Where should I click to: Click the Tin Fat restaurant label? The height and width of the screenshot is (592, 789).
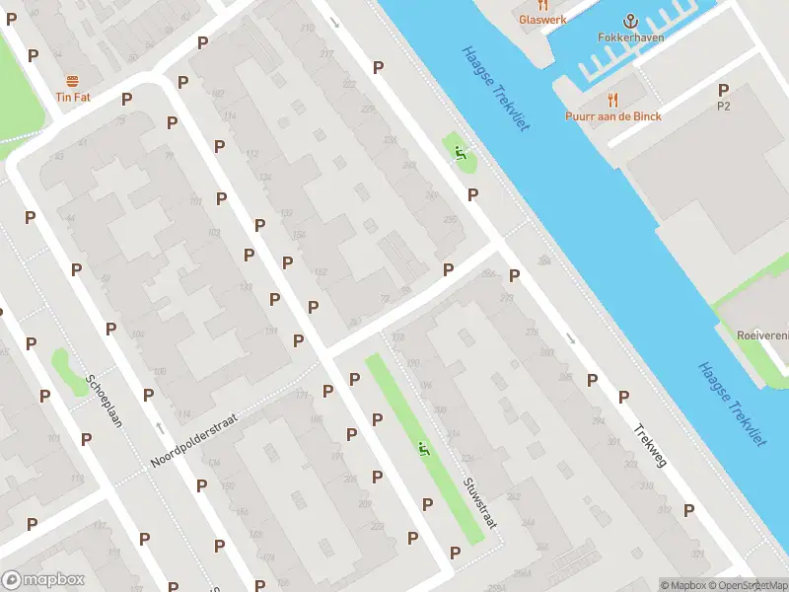(x=72, y=97)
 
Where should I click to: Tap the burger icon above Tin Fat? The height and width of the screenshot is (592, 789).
(x=72, y=81)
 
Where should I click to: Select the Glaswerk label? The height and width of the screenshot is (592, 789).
(x=542, y=19)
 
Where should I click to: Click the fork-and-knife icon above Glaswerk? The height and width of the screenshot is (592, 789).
(x=542, y=5)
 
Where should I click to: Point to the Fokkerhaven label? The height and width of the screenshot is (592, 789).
(x=630, y=37)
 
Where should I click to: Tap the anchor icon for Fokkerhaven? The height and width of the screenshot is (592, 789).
(x=630, y=21)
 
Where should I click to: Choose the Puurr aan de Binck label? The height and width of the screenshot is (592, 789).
(x=613, y=115)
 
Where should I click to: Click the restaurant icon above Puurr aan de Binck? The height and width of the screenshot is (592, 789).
(x=613, y=99)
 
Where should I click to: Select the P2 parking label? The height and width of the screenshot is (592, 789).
(x=724, y=106)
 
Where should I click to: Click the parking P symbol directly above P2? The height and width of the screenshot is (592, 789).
(x=724, y=90)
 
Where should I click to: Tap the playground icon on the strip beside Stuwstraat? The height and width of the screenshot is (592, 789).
(x=425, y=449)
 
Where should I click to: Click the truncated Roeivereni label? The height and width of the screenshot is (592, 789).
(x=762, y=334)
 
